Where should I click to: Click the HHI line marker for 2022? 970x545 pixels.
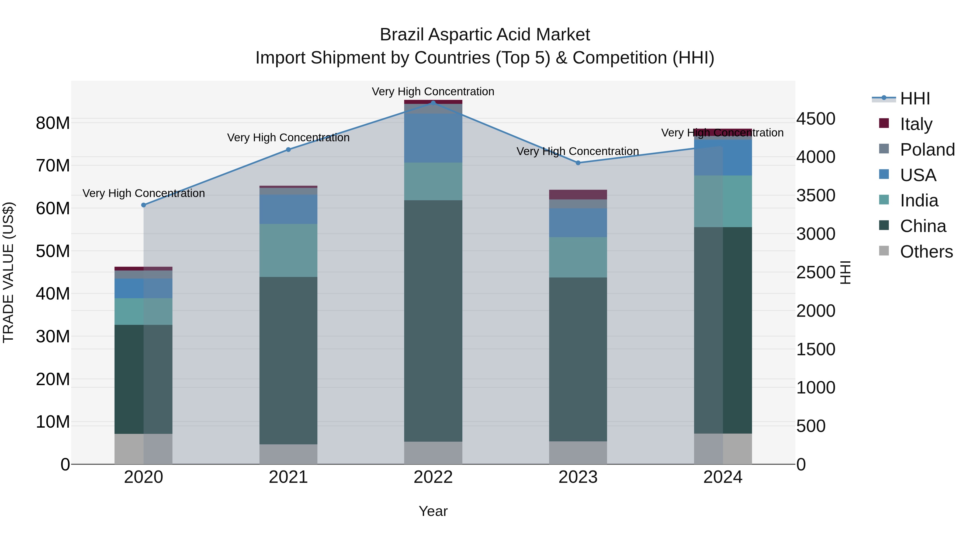[x=433, y=103]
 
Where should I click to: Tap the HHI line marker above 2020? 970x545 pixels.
[x=143, y=205]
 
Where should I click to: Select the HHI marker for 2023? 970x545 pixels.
[x=578, y=163]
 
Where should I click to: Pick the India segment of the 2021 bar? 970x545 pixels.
[x=288, y=251]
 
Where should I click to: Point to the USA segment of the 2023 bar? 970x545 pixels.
[x=578, y=223]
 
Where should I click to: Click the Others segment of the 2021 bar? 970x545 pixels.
[x=288, y=454]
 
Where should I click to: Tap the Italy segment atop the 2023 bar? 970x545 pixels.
[x=578, y=195]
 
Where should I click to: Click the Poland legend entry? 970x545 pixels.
[x=927, y=150]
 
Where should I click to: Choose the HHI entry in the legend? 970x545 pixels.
[x=915, y=99]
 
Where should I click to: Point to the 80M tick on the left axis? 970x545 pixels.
[x=53, y=123]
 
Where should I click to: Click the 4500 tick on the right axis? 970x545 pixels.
[x=816, y=119]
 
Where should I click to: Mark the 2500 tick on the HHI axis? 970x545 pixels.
[x=816, y=273]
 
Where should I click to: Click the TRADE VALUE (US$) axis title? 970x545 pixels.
[x=8, y=272]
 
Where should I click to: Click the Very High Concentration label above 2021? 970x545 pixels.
[x=288, y=138]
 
